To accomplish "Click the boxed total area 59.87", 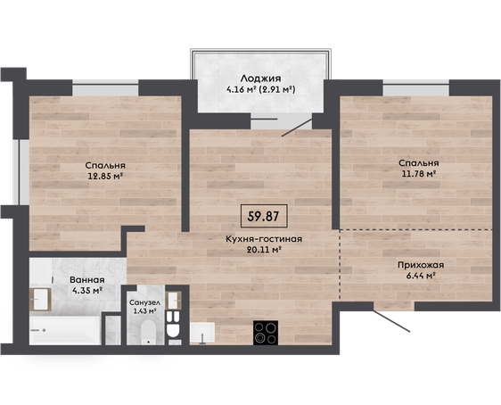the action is (264, 216).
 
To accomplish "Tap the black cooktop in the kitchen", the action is (266, 333).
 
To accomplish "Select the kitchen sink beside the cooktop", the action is (202, 333).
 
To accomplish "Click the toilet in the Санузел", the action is (148, 333).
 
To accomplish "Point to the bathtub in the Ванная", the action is (65, 331).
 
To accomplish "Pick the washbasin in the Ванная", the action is (41, 299).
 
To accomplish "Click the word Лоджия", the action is (260, 79).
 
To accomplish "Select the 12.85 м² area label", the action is (105, 176).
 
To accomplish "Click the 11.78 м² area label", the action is (419, 174).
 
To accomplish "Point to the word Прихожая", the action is (421, 265).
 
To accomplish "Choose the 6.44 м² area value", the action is (421, 276).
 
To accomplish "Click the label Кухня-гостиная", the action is (264, 239).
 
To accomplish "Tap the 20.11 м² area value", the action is (264, 250).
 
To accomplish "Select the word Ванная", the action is (87, 280).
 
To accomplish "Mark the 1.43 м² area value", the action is (144, 311).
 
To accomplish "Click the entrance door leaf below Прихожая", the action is (391, 320).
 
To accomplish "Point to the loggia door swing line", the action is (297, 128).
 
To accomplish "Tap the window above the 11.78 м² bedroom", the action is (416, 88).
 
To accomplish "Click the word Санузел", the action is (144, 302).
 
